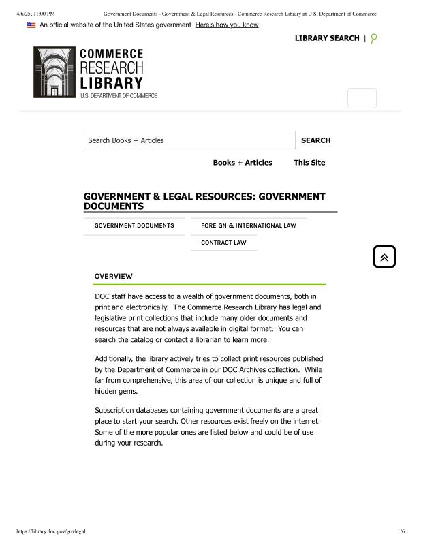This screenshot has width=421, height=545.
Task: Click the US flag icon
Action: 31,25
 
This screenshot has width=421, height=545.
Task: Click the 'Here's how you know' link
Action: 227,25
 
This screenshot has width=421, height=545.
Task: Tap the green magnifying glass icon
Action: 373,38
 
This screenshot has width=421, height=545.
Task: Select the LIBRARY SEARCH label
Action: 326,38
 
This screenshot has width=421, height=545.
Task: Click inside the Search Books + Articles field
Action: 189,140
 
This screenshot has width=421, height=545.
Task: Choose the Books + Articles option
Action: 243,163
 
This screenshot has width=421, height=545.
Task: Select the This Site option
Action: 309,163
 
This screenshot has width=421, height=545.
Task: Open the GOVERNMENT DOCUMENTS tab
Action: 134,225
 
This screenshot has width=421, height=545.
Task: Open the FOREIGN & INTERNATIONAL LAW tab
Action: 249,225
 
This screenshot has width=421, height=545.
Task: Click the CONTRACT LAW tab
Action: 223,243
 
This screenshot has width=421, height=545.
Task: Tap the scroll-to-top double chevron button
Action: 384,257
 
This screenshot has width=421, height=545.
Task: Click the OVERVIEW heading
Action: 113,276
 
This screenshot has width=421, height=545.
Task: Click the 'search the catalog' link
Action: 124,339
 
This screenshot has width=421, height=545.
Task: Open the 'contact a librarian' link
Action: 193,339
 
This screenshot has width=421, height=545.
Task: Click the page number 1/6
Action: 401,531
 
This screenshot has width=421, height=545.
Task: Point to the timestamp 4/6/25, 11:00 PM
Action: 35,14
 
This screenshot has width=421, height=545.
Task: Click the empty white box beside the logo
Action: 362,98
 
